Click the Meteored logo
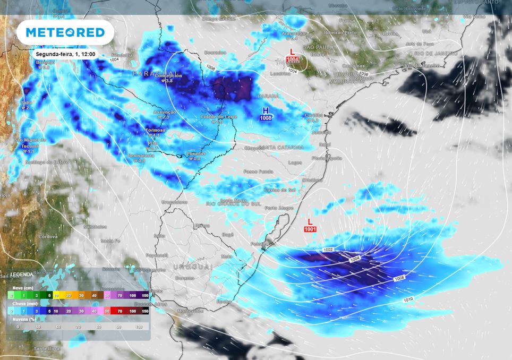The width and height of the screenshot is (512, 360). click(x=65, y=32)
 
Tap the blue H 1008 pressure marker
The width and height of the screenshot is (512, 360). click(x=266, y=114)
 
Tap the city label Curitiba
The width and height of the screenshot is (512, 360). click(x=313, y=115)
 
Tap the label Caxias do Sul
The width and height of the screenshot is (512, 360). click(x=280, y=190)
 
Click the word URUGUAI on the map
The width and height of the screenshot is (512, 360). click(x=192, y=266)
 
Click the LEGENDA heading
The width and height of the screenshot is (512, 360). click(x=21, y=274)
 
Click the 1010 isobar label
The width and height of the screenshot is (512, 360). click(x=407, y=299)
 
